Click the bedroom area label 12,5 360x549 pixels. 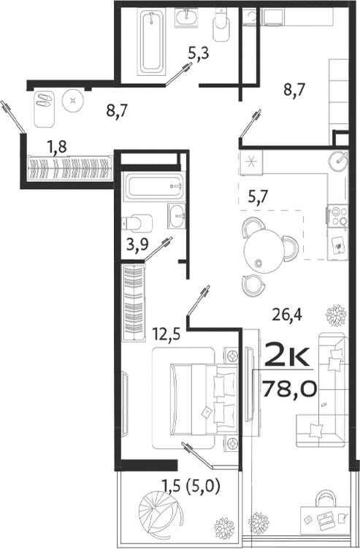pos(167,335)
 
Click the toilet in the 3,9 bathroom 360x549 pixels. pos(138,220)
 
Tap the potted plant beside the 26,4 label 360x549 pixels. pos(336,316)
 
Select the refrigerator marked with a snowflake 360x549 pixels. pos(251,164)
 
